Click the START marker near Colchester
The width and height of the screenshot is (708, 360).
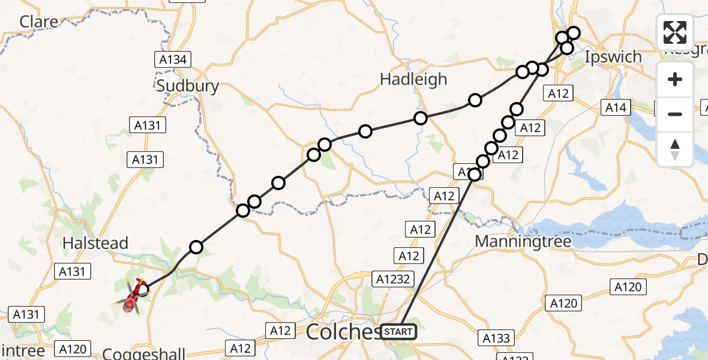pyautogui.click(x=397, y=332)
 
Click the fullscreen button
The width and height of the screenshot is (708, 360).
pyautogui.click(x=675, y=32)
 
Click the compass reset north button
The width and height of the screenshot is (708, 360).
pyautogui.click(x=675, y=149)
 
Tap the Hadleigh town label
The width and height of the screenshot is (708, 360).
pyautogui.click(x=414, y=79)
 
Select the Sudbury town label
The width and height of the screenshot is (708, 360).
pyautogui.click(x=187, y=86)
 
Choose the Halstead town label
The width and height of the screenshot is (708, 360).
pyautogui.click(x=96, y=243)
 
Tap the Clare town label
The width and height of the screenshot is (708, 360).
pyautogui.click(x=40, y=22)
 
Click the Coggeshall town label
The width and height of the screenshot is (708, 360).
pyautogui.click(x=143, y=352)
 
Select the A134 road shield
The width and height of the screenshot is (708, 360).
pyautogui.click(x=172, y=59)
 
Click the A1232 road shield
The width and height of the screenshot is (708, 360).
pyautogui.click(x=393, y=278)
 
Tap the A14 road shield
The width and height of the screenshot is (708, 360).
pyautogui.click(x=616, y=107)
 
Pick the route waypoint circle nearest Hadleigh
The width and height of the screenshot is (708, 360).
pyautogui.click(x=421, y=118)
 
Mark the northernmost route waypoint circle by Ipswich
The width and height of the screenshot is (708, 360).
pyautogui.click(x=574, y=33)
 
